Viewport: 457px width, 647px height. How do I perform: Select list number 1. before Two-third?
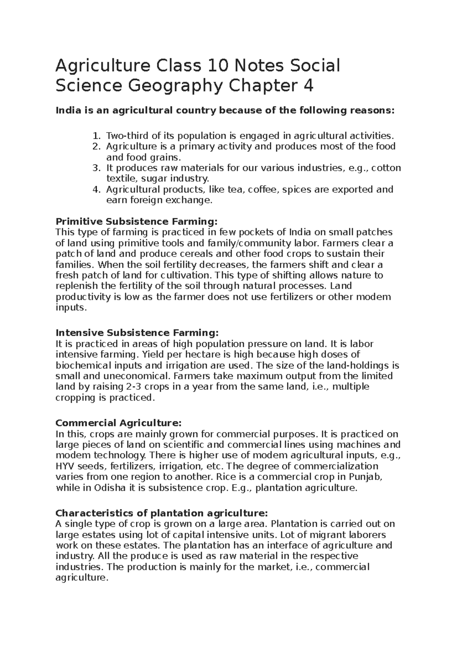[x=97, y=136]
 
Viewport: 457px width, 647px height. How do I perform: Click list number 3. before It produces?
[x=97, y=168]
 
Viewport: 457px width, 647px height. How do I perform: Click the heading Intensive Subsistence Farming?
[x=137, y=333]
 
